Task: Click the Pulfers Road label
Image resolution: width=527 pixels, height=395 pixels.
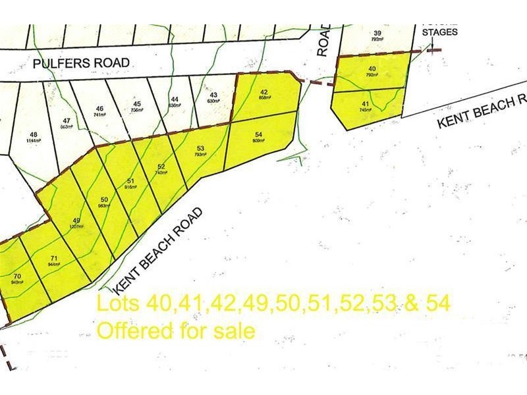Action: click(x=82, y=63)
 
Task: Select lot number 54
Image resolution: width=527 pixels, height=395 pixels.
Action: click(x=258, y=134)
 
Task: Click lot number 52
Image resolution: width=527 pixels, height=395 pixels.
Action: click(x=161, y=167)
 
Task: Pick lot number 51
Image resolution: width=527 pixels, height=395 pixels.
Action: click(x=130, y=181)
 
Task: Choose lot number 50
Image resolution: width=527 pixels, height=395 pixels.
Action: click(x=104, y=199)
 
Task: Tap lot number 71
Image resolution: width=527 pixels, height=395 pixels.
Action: click(x=53, y=258)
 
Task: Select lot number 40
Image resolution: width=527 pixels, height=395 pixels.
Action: click(x=372, y=68)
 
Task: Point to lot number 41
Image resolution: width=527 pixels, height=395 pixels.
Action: click(x=364, y=103)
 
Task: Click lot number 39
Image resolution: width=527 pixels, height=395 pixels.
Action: click(x=377, y=33)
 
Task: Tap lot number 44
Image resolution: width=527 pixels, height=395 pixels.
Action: click(x=175, y=99)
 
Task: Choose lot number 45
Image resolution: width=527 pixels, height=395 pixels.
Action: click(x=137, y=104)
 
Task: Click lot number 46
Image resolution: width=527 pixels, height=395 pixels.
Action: click(x=100, y=109)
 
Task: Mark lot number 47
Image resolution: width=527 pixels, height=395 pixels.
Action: click(x=67, y=120)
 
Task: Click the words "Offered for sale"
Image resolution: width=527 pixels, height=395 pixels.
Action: click(x=175, y=330)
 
